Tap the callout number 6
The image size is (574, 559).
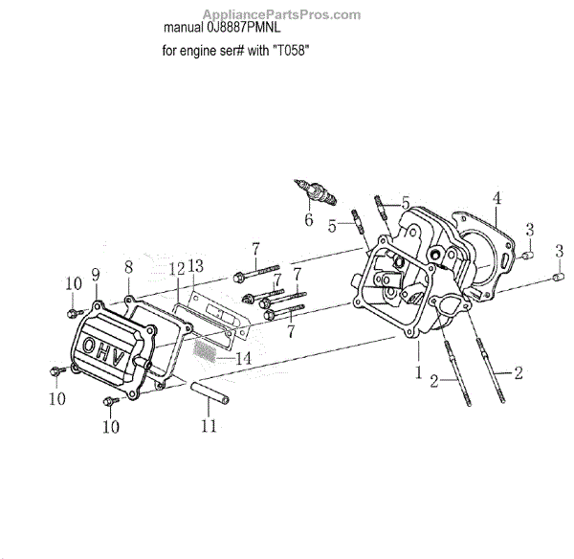(x=308, y=220)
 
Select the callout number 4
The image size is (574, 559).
(x=497, y=198)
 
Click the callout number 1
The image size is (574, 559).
(x=417, y=371)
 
